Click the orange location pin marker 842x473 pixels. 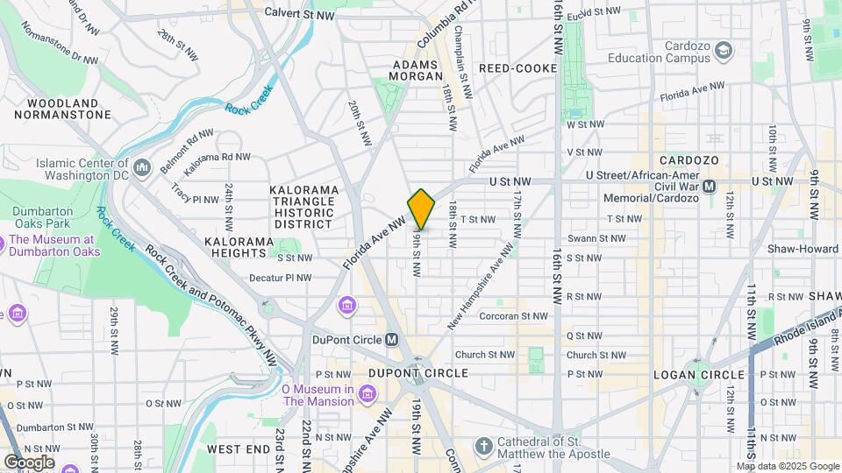click(421, 208)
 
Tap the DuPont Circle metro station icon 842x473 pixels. click(391, 340)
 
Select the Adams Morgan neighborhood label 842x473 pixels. click(417, 70)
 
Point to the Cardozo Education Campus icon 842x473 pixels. click(723, 52)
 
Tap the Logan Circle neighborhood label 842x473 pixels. click(699, 375)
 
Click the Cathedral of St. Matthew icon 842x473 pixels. click(483, 447)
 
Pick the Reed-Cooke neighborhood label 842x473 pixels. click(517, 68)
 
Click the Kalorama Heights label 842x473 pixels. click(234, 247)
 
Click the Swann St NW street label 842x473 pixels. click(596, 238)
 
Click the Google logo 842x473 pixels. click(28, 462)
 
